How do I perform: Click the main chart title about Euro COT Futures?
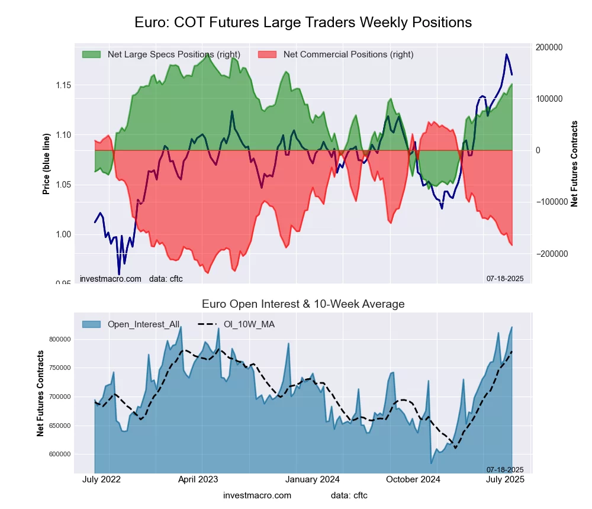click(303, 22)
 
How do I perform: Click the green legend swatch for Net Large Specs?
click(92, 54)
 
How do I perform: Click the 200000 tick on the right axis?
click(549, 47)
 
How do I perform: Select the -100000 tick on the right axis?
click(550, 202)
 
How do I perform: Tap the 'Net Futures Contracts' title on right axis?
click(574, 163)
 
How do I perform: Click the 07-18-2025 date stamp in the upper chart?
click(505, 278)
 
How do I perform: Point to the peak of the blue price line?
click(506, 54)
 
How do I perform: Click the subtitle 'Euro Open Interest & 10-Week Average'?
click(303, 304)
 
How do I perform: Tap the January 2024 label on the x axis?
click(309, 479)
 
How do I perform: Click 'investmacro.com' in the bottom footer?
click(257, 495)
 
